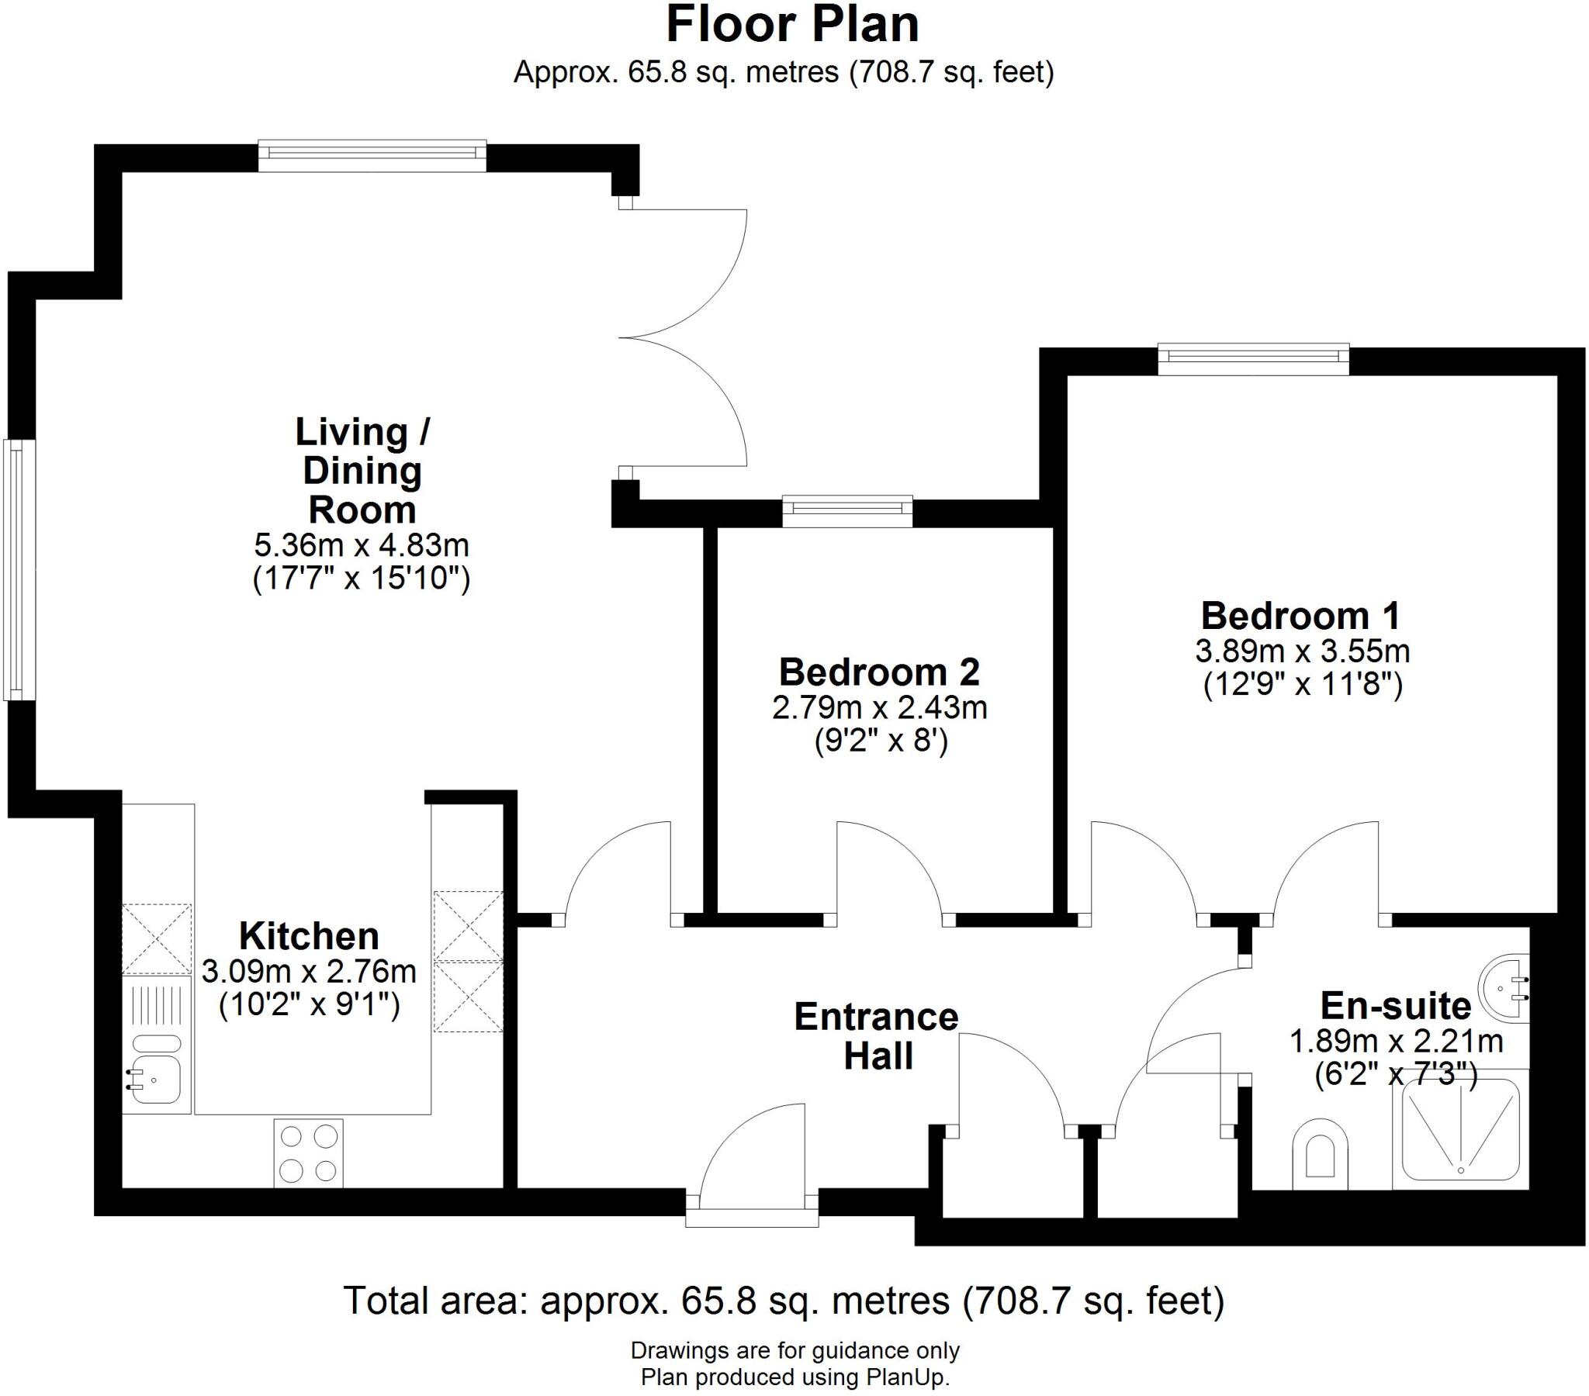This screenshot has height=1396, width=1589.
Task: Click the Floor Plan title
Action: pos(792,25)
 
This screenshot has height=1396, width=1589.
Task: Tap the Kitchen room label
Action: pos(309,937)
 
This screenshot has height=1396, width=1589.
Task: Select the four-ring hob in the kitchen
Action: pos(309,1153)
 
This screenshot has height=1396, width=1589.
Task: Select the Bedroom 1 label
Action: pos(1300,617)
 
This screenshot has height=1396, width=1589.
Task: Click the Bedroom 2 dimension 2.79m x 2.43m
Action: pos(879,708)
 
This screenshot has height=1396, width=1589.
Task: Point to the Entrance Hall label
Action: pos(877,1036)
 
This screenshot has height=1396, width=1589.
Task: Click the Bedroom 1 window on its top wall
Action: pos(1253,358)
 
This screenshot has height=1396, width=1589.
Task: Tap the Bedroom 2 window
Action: pos(847,510)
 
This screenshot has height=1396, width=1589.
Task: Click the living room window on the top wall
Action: pos(372,154)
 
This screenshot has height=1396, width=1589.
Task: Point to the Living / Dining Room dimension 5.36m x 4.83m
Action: pos(362,546)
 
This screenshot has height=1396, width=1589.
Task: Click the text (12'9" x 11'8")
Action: pos(1302,686)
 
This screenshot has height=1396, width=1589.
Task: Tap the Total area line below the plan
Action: pos(784,1301)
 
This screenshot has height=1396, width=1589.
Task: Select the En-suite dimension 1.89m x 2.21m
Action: pos(1397,1042)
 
